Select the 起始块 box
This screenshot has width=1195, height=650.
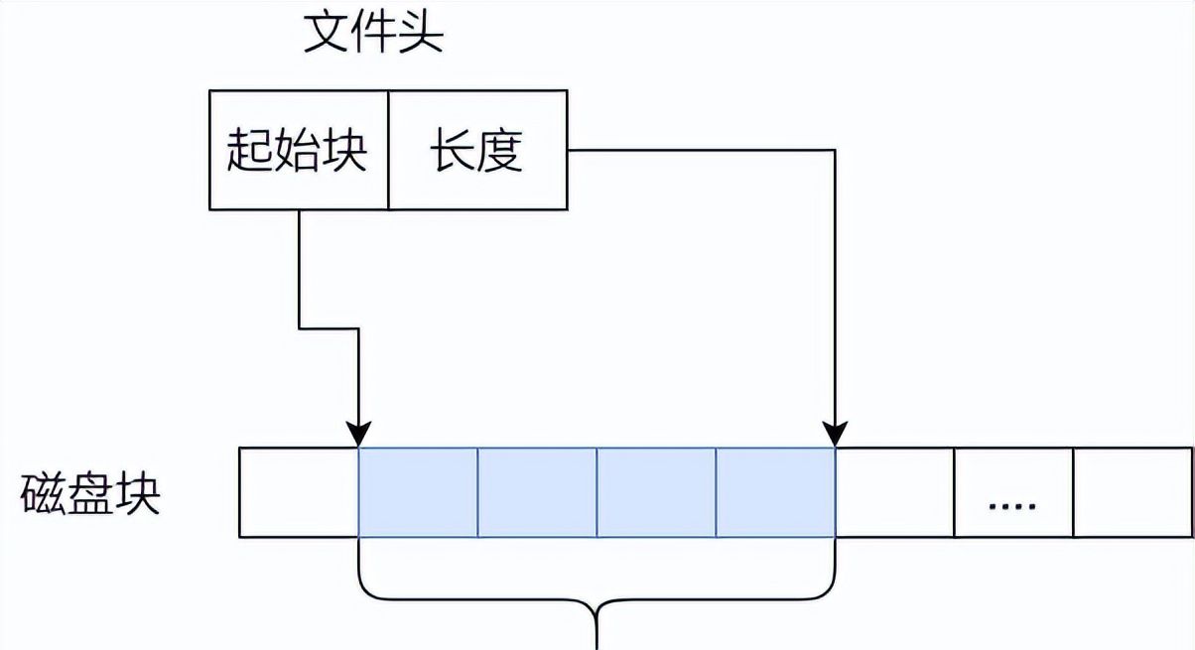[x=298, y=151]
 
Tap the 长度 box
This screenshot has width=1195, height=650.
[x=476, y=151]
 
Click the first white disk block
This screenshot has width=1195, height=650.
[x=299, y=492]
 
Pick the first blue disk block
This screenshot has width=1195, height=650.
[x=418, y=492]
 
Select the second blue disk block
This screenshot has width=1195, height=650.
[x=537, y=492]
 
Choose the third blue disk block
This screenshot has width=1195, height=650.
[x=656, y=492]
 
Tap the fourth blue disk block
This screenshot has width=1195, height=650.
[x=775, y=492]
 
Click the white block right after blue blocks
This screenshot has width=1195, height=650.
[x=894, y=492]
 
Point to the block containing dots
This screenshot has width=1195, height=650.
[x=1013, y=492]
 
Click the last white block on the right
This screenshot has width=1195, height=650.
[x=1133, y=492]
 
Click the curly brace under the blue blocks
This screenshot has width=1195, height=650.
[x=596, y=600]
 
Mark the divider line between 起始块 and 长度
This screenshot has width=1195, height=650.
[x=388, y=151]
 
